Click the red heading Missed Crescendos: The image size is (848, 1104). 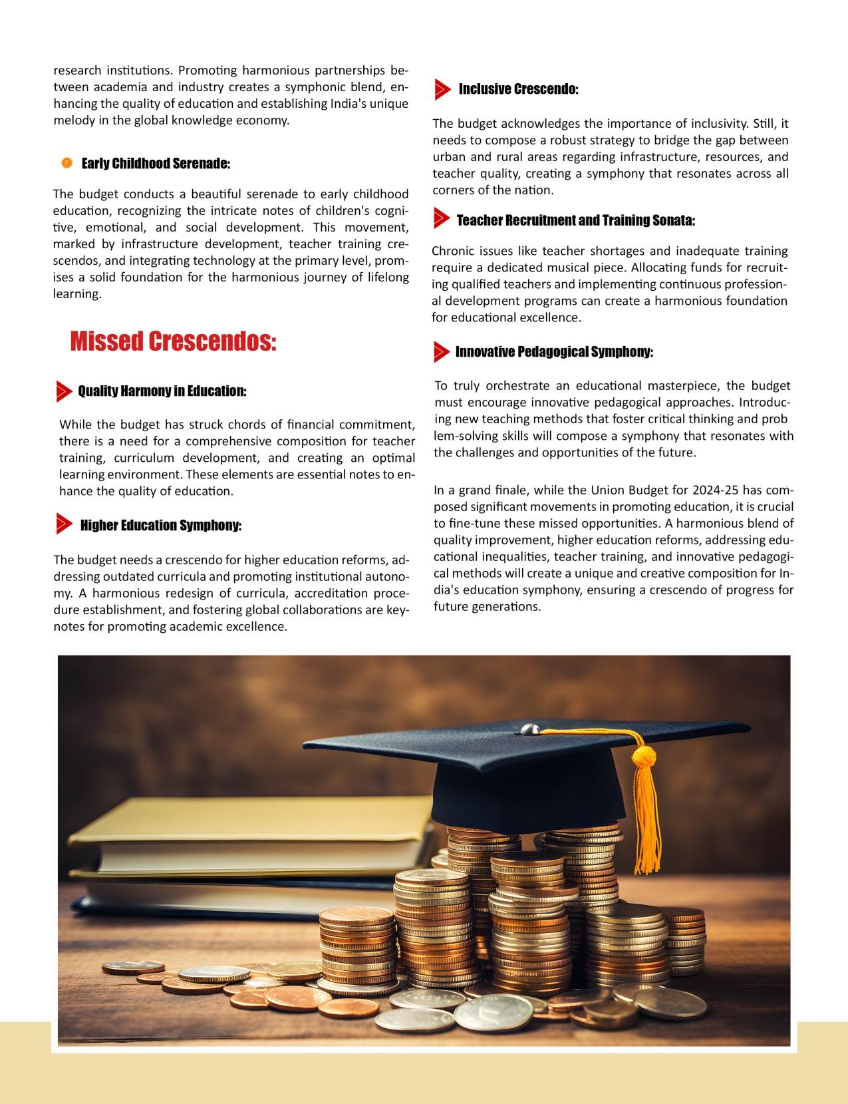coord(173,341)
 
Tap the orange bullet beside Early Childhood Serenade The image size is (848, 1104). coord(67,163)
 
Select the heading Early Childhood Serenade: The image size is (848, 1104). coord(156,164)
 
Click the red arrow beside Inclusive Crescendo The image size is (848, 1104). coord(442,89)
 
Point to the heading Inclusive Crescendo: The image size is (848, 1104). coord(518,89)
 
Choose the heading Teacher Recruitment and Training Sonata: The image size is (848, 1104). coord(575,220)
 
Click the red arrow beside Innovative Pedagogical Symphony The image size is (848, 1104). coord(441,352)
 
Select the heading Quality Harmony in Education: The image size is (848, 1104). coord(162,391)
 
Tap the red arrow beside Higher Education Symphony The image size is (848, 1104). coord(65,524)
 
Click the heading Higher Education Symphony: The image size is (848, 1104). coord(160,526)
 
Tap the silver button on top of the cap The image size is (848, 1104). coord(529,729)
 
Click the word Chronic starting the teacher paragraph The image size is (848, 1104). coord(451,252)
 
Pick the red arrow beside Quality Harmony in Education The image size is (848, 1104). coord(65,391)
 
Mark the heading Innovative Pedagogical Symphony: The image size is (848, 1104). coord(554,352)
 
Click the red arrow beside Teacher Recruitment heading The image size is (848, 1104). coord(441,218)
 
